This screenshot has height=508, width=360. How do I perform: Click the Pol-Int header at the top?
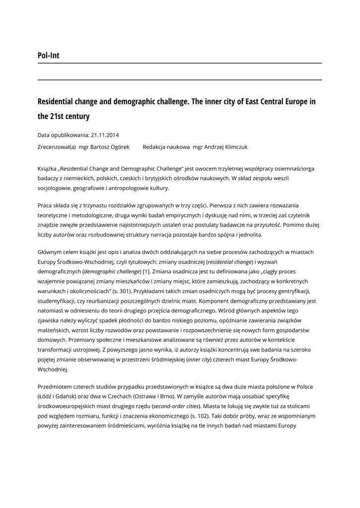(x=48, y=56)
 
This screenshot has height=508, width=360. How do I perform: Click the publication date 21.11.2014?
(x=105, y=135)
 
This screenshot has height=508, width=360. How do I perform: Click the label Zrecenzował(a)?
(x=57, y=147)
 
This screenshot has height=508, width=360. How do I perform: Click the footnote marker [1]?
(x=146, y=271)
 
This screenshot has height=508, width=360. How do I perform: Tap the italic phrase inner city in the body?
(x=199, y=360)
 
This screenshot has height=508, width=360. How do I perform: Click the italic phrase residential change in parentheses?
(x=229, y=262)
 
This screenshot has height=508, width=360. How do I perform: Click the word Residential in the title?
(x=58, y=102)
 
